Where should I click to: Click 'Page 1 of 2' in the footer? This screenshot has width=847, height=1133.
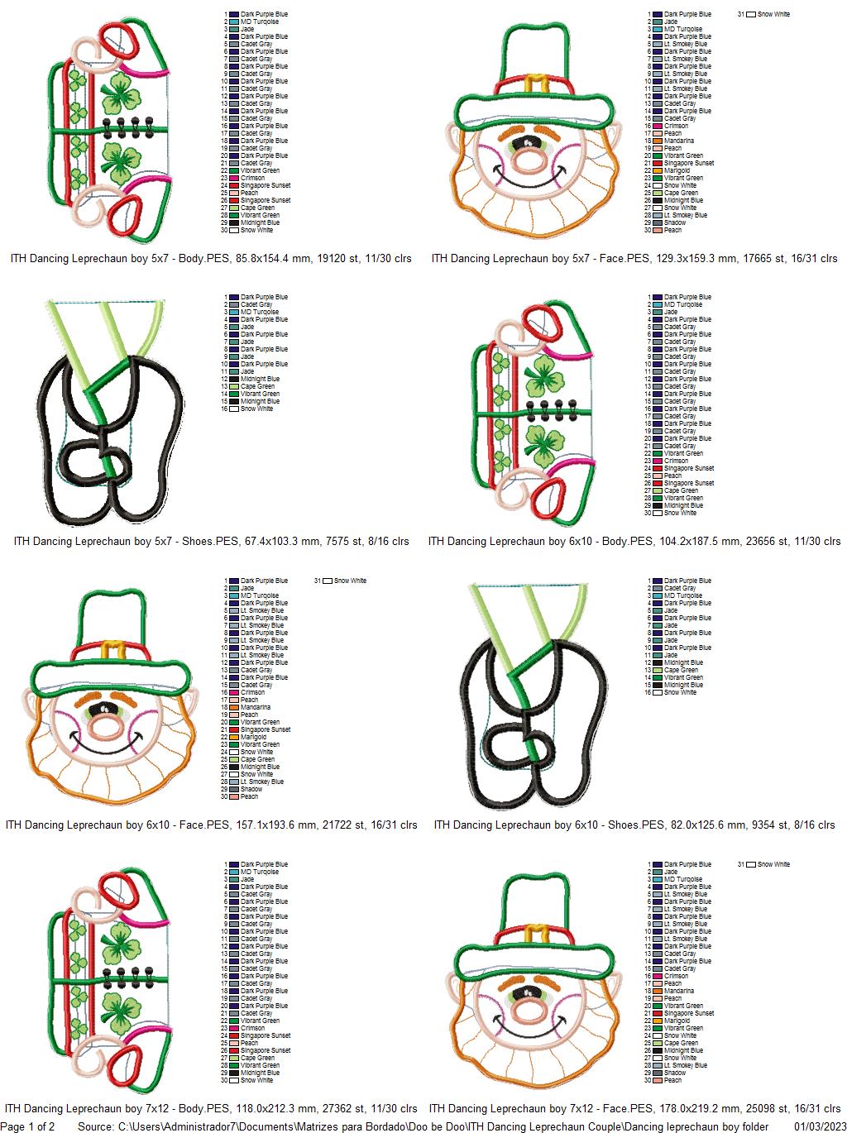pos(28,1126)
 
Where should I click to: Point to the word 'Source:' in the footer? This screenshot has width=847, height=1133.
pos(96,1126)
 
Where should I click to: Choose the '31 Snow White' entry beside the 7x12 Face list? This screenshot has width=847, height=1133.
pos(769,864)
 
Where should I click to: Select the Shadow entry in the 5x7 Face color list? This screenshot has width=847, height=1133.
pos(674,222)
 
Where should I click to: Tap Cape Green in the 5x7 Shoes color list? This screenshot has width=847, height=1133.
pos(257,386)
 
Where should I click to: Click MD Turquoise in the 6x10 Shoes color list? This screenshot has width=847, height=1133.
pos(682,595)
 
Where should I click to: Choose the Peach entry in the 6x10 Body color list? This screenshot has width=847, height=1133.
pos(672,476)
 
